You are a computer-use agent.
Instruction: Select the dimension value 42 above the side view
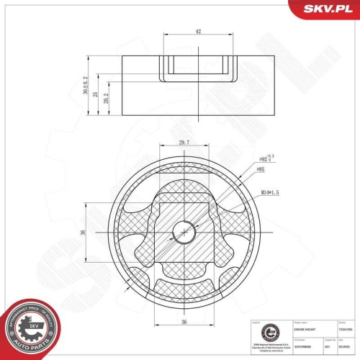[198, 31]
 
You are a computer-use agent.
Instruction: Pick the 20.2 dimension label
[107, 101]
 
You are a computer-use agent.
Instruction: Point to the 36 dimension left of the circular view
[84, 232]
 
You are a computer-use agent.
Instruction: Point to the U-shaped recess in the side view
[198, 68]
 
